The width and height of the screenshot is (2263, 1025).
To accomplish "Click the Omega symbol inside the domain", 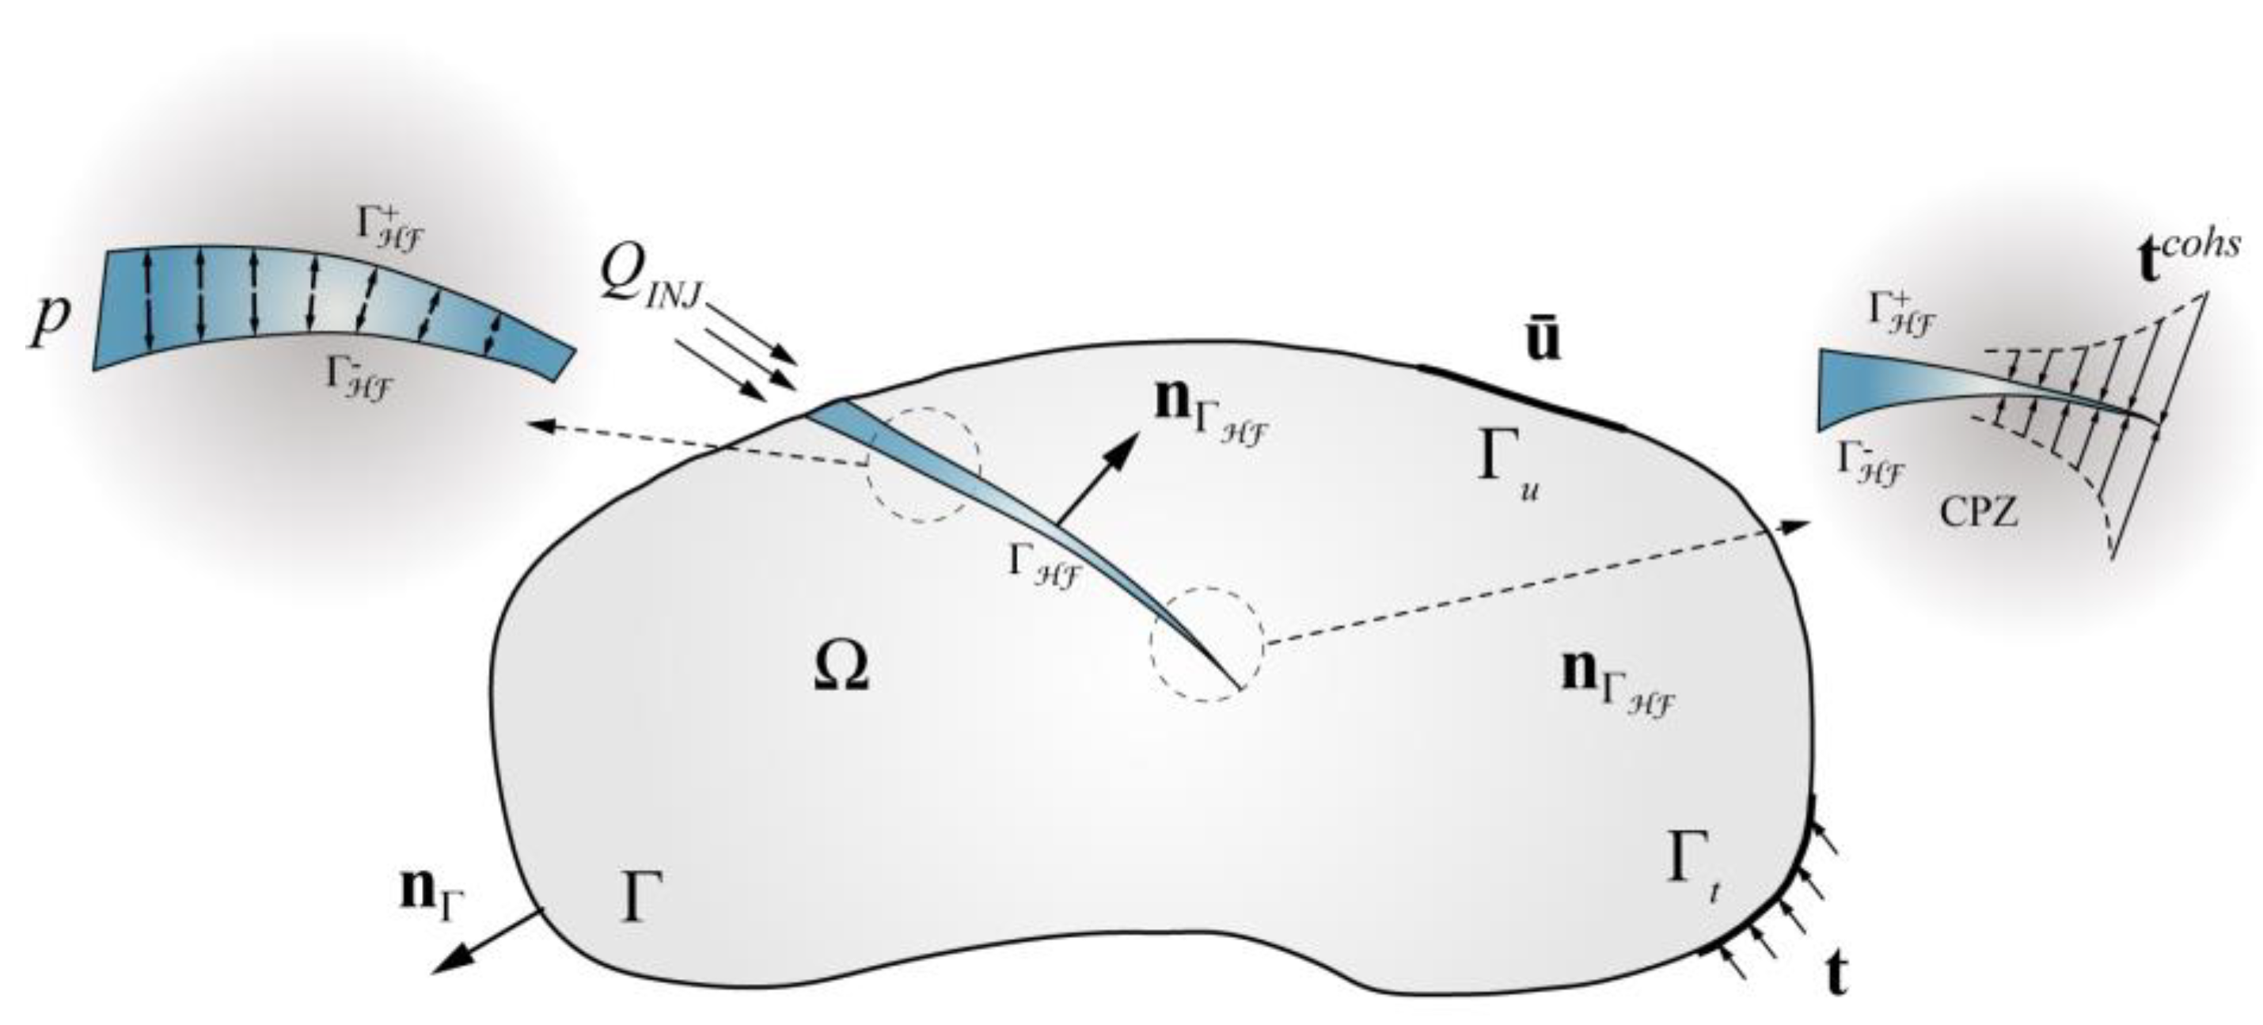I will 841,670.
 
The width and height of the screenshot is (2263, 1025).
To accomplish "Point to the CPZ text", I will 1978,511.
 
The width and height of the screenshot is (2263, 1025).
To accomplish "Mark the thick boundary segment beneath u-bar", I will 1520,396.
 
